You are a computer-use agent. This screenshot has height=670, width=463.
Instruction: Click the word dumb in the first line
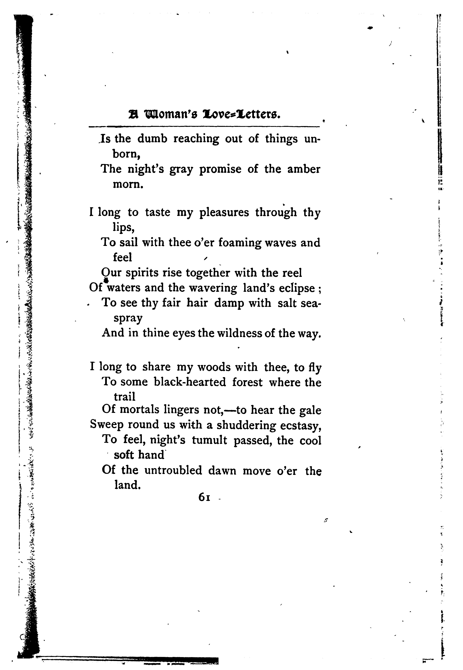(x=152, y=139)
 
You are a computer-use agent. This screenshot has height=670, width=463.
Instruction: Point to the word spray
(x=128, y=318)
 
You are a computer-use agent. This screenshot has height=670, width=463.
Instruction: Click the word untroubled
(x=173, y=470)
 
